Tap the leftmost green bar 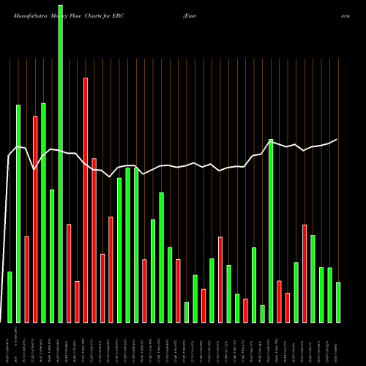pos(10,296)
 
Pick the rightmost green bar pos(338,302)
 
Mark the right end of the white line pos(337,139)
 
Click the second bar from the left pos(18,212)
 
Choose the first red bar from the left pos(26,278)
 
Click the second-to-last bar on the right pos(329,294)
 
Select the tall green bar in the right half pos(271,230)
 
